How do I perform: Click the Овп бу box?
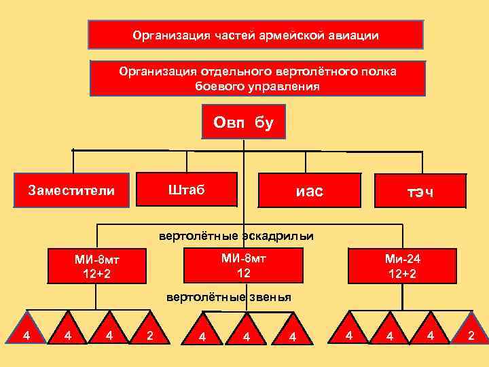point(243,122)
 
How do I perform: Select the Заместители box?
point(71,190)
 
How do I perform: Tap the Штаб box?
point(187,188)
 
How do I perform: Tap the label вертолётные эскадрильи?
point(236,237)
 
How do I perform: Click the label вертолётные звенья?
point(229,297)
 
